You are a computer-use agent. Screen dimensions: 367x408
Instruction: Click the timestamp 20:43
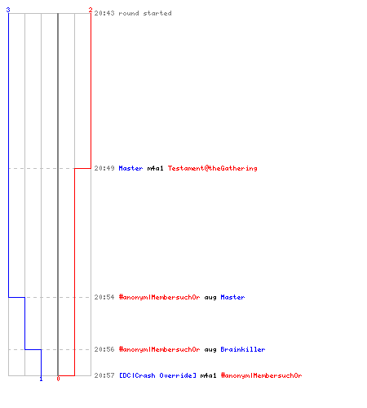[104, 13]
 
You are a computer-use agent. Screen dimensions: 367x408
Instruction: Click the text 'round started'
[145, 13]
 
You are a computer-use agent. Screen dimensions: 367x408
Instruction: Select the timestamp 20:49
[104, 168]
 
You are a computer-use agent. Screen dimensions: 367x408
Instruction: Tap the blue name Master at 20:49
[130, 168]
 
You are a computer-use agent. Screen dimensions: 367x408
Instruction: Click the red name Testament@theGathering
[213, 168]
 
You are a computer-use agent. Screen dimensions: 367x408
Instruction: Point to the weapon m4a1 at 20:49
[155, 168]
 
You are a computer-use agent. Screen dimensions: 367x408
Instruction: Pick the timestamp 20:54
[104, 297]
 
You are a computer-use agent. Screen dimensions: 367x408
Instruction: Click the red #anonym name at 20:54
[160, 297]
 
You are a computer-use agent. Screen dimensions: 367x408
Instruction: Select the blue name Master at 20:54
[232, 297]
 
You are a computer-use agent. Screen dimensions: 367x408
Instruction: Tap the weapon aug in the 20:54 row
[210, 298]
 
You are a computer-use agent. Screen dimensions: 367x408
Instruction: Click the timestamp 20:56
[104, 349]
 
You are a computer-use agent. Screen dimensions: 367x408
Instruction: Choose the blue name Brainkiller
[243, 349]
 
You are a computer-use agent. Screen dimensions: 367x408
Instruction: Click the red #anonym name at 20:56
[160, 349]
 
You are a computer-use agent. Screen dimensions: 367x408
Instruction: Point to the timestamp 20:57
[104, 375]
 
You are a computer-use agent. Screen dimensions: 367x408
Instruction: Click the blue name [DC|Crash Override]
[157, 375]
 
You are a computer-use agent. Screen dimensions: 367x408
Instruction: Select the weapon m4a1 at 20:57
[208, 375]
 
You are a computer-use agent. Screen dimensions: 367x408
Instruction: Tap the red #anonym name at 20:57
[262, 375]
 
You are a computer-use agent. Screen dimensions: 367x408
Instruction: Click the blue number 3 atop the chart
[8, 10]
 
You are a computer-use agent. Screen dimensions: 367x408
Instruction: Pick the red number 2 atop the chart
[91, 10]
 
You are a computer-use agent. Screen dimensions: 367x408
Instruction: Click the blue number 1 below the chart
[41, 379]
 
